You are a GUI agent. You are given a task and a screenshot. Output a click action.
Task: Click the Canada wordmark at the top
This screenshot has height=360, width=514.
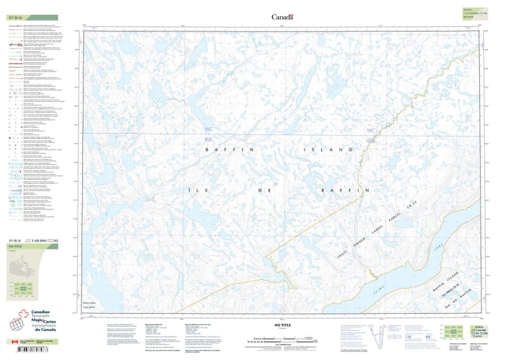[282, 17]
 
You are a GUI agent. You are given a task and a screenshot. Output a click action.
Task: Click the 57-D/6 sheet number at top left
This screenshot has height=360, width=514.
[14, 17]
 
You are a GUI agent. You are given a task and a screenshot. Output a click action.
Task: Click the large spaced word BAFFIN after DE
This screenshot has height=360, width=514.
[345, 190]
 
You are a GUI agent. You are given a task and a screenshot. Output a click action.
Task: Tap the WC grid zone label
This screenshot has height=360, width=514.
[370, 130]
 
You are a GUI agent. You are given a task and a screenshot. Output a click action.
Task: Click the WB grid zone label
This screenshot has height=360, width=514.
[369, 140]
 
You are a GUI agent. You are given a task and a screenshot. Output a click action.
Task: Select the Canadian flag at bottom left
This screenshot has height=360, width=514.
[15, 342]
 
